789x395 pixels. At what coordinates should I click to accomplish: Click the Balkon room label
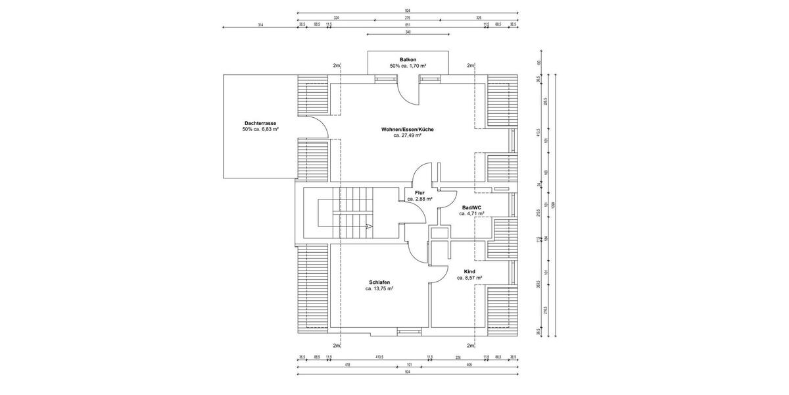[408, 59]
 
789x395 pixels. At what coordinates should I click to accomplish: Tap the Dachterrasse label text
[260, 123]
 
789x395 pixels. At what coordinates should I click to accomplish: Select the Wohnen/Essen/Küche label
[407, 129]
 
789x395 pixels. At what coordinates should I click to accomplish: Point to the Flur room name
[419, 192]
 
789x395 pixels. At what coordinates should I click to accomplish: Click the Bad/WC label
[471, 207]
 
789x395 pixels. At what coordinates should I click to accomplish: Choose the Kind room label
[469, 271]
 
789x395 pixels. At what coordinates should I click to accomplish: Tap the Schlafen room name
[379, 282]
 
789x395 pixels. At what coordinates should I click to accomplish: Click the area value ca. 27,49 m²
[407, 136]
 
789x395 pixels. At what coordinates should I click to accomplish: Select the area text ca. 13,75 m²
[379, 288]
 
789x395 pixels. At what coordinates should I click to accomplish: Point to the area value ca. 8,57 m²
[469, 278]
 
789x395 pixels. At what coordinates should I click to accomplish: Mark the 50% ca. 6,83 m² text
[260, 130]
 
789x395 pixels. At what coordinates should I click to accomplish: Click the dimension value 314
[260, 24]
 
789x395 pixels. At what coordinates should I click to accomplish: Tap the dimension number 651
[408, 24]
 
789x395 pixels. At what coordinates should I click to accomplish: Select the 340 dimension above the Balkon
[408, 32]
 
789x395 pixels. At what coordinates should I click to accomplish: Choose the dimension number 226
[458, 357]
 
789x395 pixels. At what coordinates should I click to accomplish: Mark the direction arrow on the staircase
[369, 226]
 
